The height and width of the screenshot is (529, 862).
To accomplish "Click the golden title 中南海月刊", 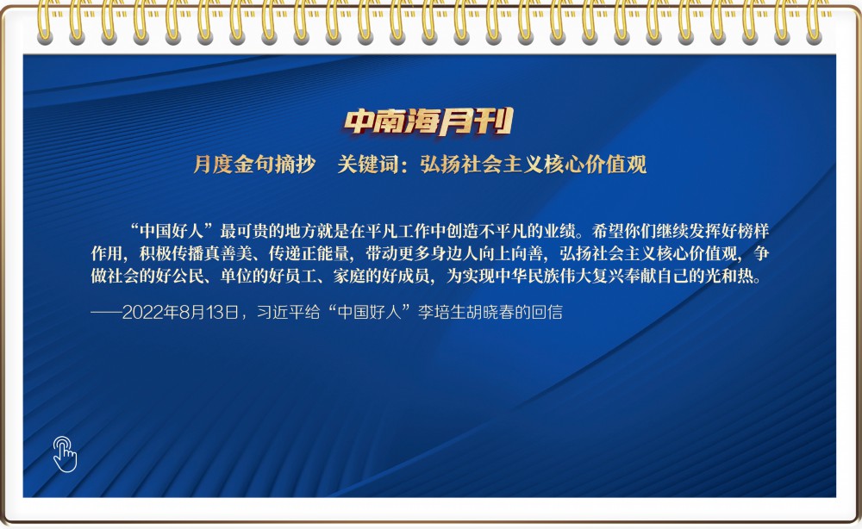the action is (428, 121).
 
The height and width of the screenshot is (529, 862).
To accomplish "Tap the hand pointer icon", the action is (65, 454).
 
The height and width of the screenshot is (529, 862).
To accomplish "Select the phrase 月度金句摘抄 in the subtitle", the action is (254, 165).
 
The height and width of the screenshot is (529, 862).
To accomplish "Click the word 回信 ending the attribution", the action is (547, 313).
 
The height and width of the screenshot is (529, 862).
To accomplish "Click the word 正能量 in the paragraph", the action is (324, 253).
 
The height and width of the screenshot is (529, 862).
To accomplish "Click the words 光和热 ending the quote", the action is (729, 275).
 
